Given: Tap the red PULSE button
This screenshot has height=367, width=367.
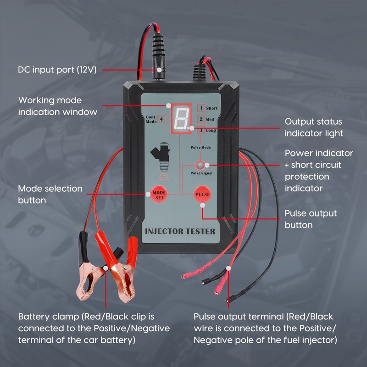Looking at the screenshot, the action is point(202,194).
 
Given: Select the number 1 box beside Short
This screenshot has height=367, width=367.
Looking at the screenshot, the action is point(200,108).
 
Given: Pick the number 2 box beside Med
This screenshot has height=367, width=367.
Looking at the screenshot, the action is point(200,119).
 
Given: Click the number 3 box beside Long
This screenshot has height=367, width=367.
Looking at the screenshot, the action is point(200,131).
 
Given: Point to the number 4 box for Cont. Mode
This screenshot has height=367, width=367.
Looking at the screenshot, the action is point(161,119).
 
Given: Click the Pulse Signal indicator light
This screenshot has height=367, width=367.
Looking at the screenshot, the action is point(200,165).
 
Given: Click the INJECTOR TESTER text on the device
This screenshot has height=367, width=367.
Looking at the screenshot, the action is point(180,231).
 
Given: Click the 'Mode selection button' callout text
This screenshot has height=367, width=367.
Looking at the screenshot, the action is point(50,195).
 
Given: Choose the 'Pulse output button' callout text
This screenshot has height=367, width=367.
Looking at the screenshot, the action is point(311,219).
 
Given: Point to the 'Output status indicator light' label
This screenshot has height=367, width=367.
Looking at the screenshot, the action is point(314,128).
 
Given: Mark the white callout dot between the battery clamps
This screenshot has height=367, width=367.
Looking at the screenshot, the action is point(106,267).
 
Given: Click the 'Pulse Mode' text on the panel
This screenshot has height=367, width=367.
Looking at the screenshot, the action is point(200,148).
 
